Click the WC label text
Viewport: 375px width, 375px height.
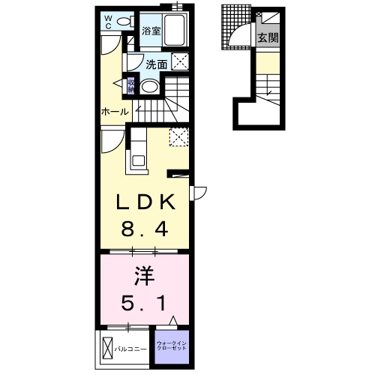point(108,22)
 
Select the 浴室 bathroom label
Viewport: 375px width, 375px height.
point(151,31)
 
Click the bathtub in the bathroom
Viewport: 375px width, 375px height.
point(174,30)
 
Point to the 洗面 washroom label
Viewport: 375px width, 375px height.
point(157,64)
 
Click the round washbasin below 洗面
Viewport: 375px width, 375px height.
point(149,87)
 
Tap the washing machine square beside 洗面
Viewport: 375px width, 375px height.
point(179,61)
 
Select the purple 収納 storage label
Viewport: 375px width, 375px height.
point(131,85)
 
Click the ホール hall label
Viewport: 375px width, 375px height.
point(115,112)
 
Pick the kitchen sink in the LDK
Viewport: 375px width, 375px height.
point(138,160)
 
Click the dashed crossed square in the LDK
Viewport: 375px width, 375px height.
point(178,136)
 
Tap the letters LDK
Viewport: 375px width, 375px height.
point(145,202)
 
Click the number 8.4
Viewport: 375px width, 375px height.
point(145,229)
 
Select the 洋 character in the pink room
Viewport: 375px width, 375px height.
point(144,276)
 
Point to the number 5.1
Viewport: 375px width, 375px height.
point(143,303)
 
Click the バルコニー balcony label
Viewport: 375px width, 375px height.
point(130,349)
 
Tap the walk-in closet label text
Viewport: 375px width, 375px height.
point(172,346)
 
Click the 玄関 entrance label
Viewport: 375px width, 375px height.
point(268,37)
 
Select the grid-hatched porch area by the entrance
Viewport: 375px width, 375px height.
point(236,28)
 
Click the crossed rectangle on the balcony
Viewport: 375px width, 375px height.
point(108,348)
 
